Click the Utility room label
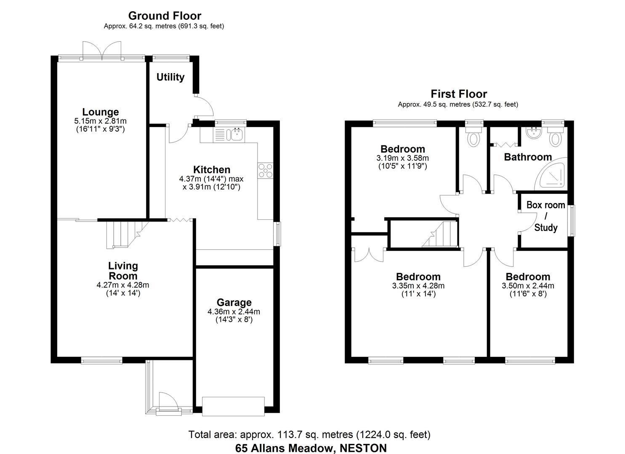click(x=170, y=77)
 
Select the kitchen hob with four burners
click(x=266, y=170)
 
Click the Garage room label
click(x=234, y=302)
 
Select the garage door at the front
click(x=233, y=406)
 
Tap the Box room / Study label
click(x=546, y=216)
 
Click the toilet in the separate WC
click(x=474, y=138)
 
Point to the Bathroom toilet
click(x=556, y=138)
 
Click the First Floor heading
click(x=458, y=94)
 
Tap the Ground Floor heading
click(x=165, y=16)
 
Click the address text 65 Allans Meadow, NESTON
click(x=311, y=448)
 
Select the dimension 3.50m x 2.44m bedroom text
click(x=528, y=286)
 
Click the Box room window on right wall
click(x=571, y=220)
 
